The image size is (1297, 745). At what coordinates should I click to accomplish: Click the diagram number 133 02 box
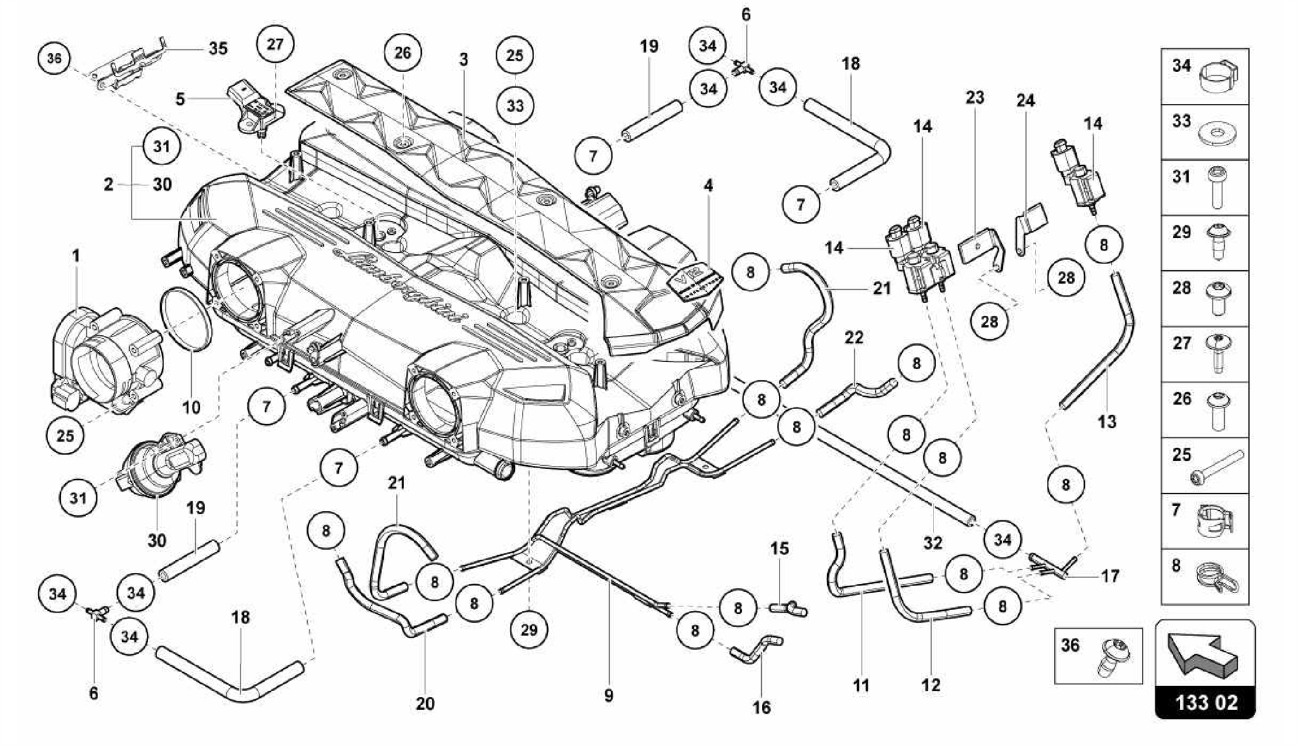click(1205, 703)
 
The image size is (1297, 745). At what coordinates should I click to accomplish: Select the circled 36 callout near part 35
click(54, 59)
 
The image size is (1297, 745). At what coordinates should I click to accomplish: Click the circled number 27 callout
click(275, 44)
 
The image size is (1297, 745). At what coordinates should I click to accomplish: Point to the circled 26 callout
click(403, 53)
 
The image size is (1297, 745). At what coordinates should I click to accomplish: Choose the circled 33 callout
click(515, 105)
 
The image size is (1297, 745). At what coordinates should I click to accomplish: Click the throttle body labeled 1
click(104, 358)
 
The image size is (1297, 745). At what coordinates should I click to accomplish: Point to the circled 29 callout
click(529, 629)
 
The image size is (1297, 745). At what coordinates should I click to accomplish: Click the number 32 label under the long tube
click(933, 542)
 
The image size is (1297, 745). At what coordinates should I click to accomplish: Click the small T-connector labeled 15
click(788, 610)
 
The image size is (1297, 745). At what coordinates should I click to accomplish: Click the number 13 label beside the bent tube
click(1106, 421)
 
